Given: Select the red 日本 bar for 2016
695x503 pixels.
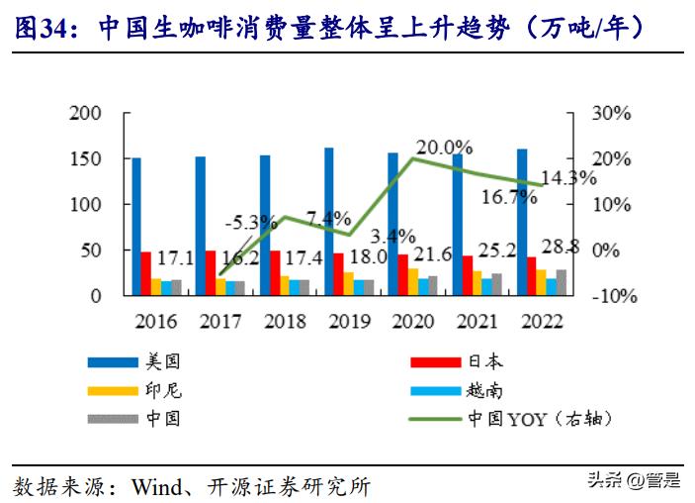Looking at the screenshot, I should click(x=146, y=273).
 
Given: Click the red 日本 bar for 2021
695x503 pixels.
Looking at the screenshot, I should click(x=468, y=274).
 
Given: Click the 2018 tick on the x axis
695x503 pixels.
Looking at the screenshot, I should click(x=286, y=322).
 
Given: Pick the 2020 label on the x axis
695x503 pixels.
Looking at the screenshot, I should click(x=413, y=322).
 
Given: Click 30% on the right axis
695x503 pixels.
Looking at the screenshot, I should click(x=610, y=113).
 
